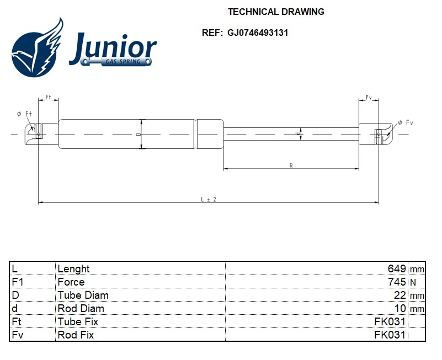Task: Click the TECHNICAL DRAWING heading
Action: (276, 12)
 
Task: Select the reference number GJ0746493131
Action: (258, 33)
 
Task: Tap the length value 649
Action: (397, 268)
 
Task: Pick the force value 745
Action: (397, 282)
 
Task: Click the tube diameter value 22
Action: (400, 295)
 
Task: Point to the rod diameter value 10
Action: (400, 308)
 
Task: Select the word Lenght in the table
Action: (73, 268)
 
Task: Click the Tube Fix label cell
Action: (78, 321)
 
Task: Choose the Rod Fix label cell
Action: (76, 335)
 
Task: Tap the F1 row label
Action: (17, 282)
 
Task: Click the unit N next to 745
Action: (413, 282)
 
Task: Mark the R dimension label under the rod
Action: (291, 165)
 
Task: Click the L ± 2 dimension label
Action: (208, 199)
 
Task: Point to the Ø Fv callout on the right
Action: (406, 122)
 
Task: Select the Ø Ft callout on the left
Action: (25, 114)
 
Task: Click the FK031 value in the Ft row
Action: (390, 321)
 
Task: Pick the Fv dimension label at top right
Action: (369, 98)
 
